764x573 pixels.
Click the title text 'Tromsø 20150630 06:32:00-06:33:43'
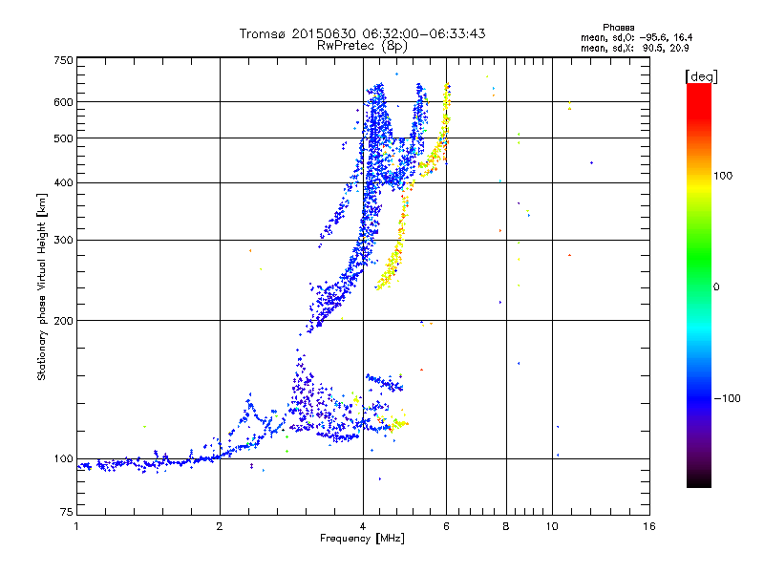tap(362, 33)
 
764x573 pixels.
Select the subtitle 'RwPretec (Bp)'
tap(362, 45)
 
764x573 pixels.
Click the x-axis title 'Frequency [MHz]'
tap(362, 540)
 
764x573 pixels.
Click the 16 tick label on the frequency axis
tap(648, 527)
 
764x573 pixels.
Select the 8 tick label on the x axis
tap(506, 527)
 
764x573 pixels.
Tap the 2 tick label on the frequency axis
tap(220, 527)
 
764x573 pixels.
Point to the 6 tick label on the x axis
tap(447, 527)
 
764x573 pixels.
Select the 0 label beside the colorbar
tap(717, 286)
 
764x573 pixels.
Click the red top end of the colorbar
tap(698, 88)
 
